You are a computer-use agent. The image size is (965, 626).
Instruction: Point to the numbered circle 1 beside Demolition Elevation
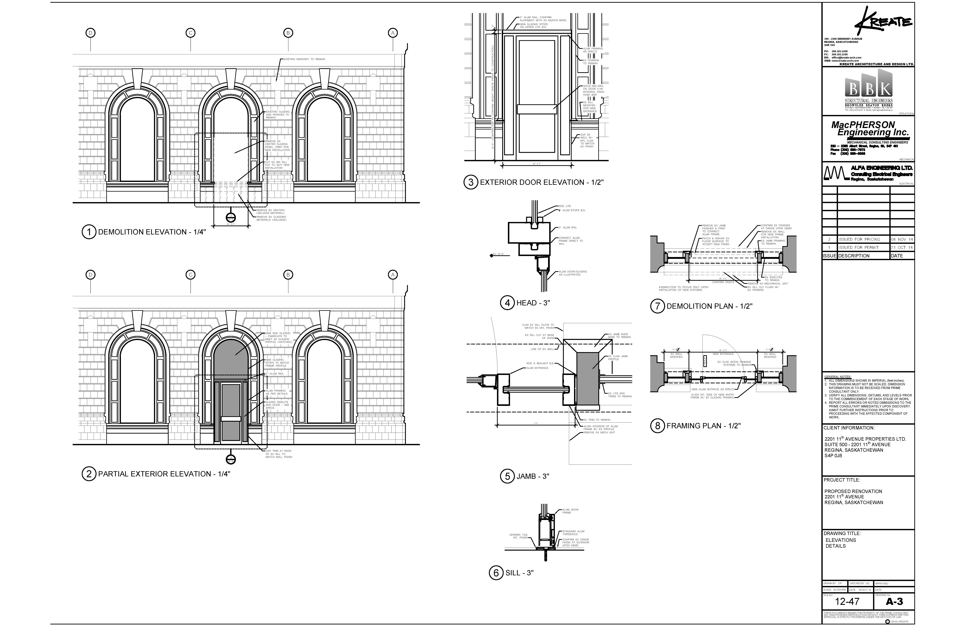pyautogui.click(x=89, y=232)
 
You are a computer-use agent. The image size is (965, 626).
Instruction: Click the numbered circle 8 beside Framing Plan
pyautogui.click(x=657, y=426)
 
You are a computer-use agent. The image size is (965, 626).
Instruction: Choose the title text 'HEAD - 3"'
pyautogui.click(x=533, y=303)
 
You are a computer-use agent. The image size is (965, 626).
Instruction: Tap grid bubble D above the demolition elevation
pyautogui.click(x=90, y=33)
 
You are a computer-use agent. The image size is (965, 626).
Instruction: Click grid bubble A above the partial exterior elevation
pyautogui.click(x=393, y=275)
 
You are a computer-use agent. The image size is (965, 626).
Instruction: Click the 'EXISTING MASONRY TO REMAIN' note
pyautogui.click(x=304, y=59)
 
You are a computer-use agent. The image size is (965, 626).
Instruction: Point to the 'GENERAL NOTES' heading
pyautogui.click(x=838, y=377)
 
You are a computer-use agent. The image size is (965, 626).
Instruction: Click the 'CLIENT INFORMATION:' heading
pyautogui.click(x=849, y=428)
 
